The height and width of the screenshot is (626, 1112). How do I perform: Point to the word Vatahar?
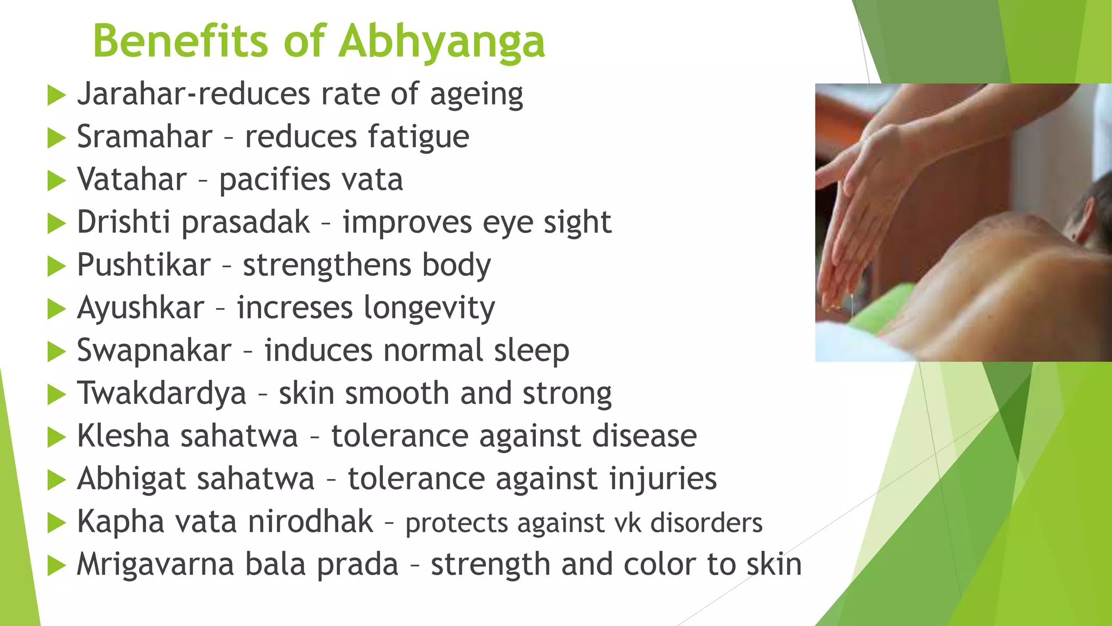(x=132, y=179)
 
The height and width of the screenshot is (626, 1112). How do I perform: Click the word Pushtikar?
(x=143, y=265)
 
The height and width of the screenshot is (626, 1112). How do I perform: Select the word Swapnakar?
(x=154, y=350)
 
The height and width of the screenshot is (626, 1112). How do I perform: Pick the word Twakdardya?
(x=162, y=393)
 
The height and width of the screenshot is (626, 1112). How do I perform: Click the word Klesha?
(x=123, y=436)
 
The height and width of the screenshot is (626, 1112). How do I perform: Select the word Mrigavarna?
(x=155, y=564)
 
